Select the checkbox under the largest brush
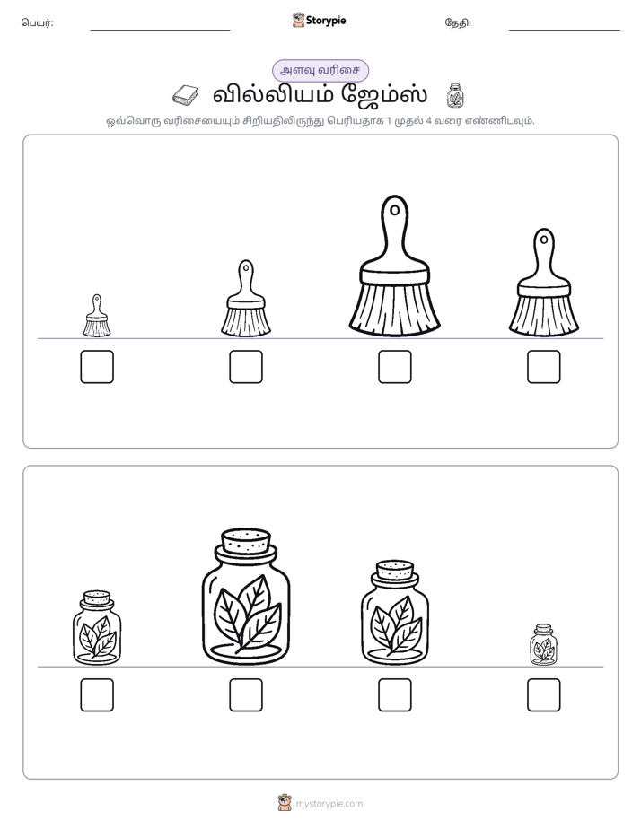pyautogui.click(x=394, y=367)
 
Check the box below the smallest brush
pyautogui.click(x=97, y=367)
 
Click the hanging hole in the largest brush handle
pyautogui.click(x=394, y=211)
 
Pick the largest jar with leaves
pyautogui.click(x=246, y=597)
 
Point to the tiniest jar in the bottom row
pyautogui.click(x=543, y=644)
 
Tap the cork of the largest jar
pyautogui.click(x=246, y=541)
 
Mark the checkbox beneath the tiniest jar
pyautogui.click(x=544, y=695)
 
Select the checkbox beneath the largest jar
pyautogui.click(x=246, y=695)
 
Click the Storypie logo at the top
pyautogui.click(x=319, y=20)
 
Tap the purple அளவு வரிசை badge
pyautogui.click(x=320, y=70)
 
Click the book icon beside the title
pyautogui.click(x=185, y=96)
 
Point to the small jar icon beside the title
pyautogui.click(x=455, y=95)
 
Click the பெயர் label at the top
pyautogui.click(x=37, y=22)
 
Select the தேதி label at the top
pyautogui.click(x=458, y=22)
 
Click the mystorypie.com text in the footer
pyautogui.click(x=329, y=804)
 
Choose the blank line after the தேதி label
pyautogui.click(x=565, y=31)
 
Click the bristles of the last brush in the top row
pyautogui.click(x=544, y=315)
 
